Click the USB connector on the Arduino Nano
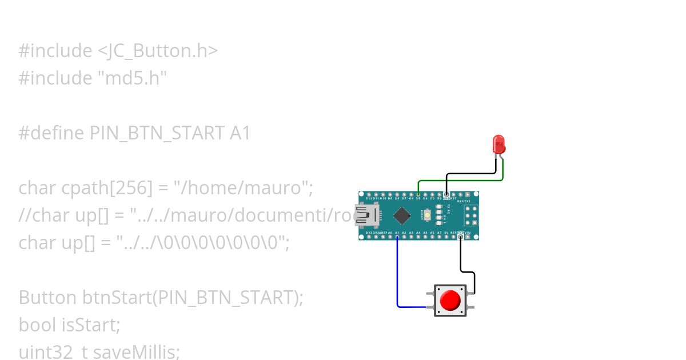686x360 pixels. coord(365,215)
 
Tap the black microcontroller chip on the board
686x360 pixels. coord(402,215)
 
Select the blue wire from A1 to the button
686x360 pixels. coord(397,274)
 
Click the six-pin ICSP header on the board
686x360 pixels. coord(472,215)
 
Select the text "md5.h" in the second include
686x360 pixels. coord(130,78)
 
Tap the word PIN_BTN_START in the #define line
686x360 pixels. coord(157,133)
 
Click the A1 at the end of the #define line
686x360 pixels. coord(240,133)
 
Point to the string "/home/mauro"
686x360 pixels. coord(242,188)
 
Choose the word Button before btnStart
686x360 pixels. coord(47,298)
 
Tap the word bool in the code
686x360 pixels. coord(38,325)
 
